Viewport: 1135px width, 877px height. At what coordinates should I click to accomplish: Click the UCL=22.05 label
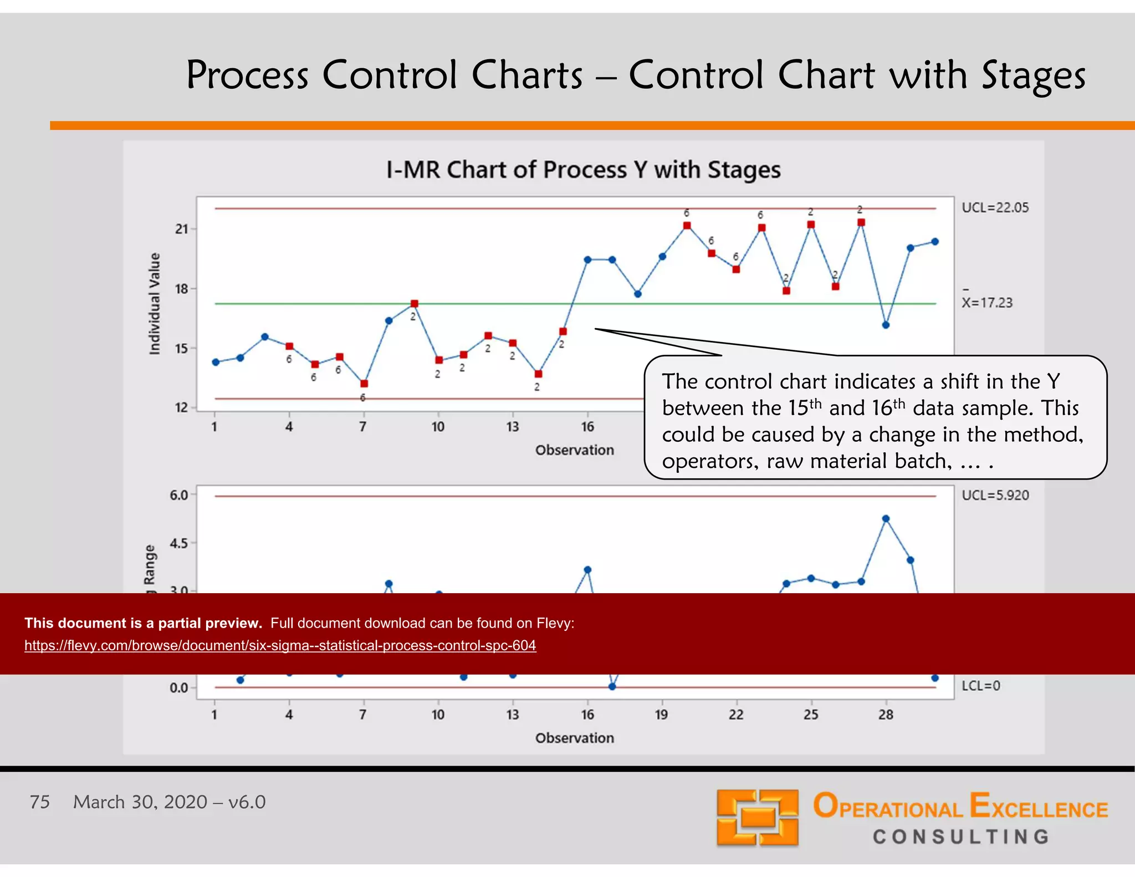click(995, 208)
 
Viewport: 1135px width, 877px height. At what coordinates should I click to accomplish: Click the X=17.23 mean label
click(987, 303)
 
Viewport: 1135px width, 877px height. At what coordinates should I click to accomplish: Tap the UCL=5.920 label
click(995, 495)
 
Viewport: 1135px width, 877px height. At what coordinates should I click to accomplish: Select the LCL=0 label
click(980, 686)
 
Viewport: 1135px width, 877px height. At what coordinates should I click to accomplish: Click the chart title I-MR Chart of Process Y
click(583, 170)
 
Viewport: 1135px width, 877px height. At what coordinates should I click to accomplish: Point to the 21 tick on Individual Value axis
click(182, 229)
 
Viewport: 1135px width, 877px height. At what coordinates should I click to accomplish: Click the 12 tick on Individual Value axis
click(182, 408)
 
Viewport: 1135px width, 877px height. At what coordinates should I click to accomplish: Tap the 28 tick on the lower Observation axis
click(886, 715)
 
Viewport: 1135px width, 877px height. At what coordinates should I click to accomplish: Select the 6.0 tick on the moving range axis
click(179, 495)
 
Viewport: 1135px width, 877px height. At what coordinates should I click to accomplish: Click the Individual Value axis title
click(155, 304)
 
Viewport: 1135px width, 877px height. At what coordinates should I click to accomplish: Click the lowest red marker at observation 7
click(364, 384)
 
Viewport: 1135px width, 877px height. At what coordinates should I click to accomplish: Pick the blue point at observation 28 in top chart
click(886, 325)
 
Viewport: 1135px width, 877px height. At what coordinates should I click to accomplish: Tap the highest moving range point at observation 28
click(886, 519)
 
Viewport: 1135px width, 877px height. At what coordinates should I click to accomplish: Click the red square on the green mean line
click(415, 304)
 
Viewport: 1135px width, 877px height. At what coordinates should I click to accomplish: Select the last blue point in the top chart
click(935, 242)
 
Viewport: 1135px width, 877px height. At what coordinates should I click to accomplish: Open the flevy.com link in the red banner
click(280, 645)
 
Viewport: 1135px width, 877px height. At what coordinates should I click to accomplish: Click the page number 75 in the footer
click(40, 802)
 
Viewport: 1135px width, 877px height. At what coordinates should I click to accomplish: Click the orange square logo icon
click(757, 818)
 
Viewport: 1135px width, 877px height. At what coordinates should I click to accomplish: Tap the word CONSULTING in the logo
click(961, 837)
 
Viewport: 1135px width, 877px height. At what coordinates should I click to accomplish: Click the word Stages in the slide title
click(1033, 75)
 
